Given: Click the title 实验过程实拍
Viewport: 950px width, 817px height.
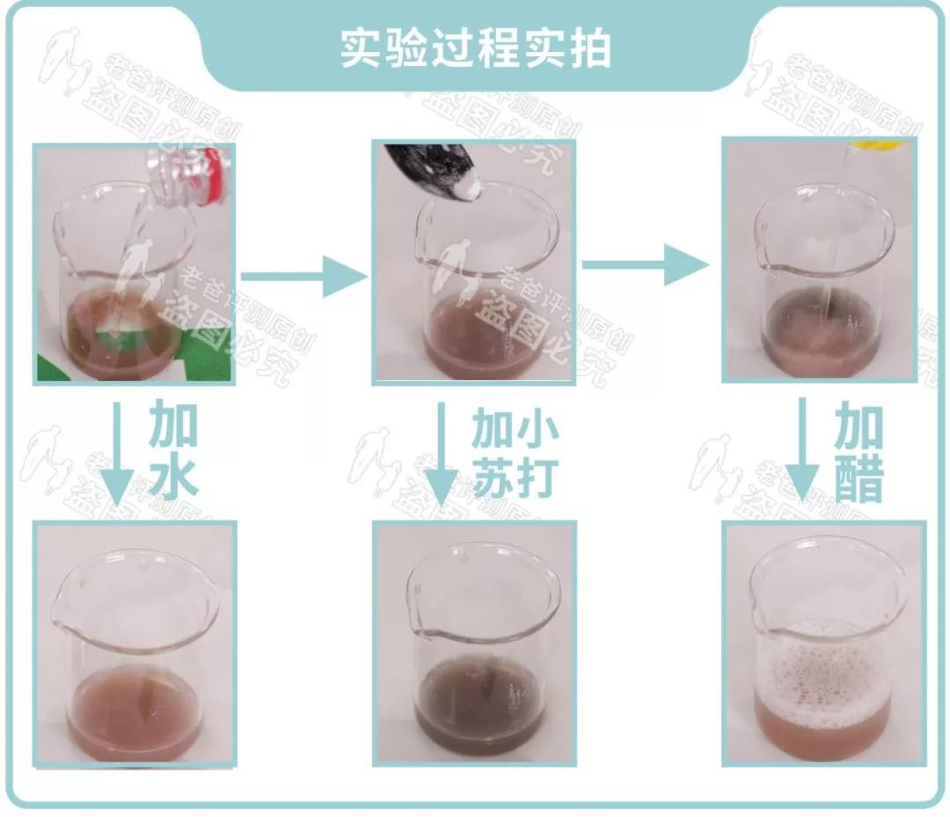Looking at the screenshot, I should (x=475, y=49).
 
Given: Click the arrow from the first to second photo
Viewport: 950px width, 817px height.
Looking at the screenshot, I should (x=303, y=277).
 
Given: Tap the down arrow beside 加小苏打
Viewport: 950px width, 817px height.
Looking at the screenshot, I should (x=444, y=458).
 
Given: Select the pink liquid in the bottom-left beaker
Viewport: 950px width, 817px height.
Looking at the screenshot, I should (x=132, y=713).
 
